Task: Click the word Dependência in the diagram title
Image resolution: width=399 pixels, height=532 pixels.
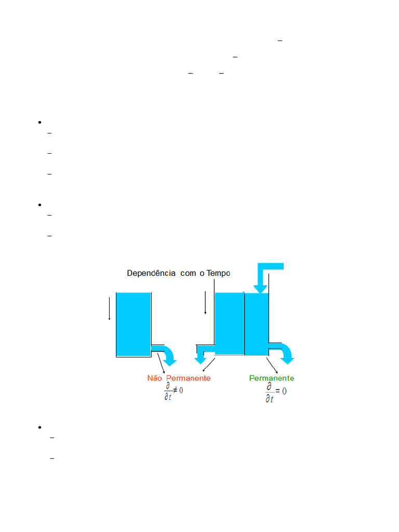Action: click(x=152, y=273)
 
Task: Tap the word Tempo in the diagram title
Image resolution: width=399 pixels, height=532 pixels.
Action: click(x=218, y=273)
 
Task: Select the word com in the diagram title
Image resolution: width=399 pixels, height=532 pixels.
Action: click(x=189, y=273)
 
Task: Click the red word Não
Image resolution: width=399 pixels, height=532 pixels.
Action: click(x=155, y=378)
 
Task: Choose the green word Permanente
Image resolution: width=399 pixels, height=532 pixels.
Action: click(x=272, y=378)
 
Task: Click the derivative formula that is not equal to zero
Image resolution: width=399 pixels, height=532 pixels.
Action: click(x=173, y=391)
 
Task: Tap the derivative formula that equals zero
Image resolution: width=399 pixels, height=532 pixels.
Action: click(x=276, y=393)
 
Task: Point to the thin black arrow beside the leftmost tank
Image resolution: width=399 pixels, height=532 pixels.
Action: click(x=109, y=309)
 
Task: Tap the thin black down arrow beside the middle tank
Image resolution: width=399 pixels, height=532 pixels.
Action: click(x=205, y=303)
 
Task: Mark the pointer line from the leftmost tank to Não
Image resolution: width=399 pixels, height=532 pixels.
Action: click(x=161, y=364)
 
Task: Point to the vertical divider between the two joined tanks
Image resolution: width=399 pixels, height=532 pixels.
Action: click(x=245, y=324)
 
